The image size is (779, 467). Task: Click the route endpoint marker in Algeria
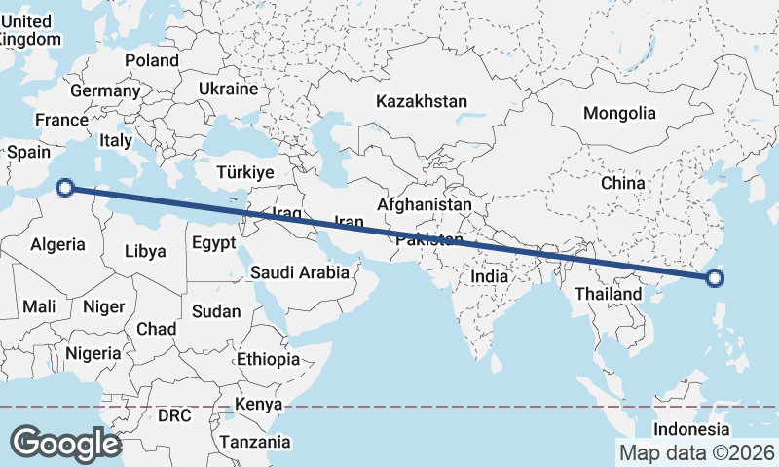[x=65, y=188]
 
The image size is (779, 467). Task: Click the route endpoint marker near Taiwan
[x=714, y=278]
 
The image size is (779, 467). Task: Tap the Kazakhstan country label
[x=422, y=101]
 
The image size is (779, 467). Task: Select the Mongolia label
[x=619, y=113]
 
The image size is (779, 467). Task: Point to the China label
[x=622, y=183]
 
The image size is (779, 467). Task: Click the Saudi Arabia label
[x=299, y=272]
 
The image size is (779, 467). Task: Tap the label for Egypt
[x=213, y=242]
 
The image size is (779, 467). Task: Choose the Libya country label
[x=145, y=251]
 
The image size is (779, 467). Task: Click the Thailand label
[x=609, y=293]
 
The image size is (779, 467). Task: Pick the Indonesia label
[x=690, y=429]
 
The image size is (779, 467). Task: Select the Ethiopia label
[x=268, y=359]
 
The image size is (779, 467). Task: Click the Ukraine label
[x=228, y=89]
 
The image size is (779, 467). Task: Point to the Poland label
[x=152, y=60]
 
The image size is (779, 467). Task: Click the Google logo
[x=65, y=443]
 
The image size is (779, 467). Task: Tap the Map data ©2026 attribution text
[x=696, y=452]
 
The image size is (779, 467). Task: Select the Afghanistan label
[x=424, y=205]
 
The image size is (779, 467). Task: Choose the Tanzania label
[x=254, y=442]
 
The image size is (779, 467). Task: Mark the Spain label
[x=28, y=152]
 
